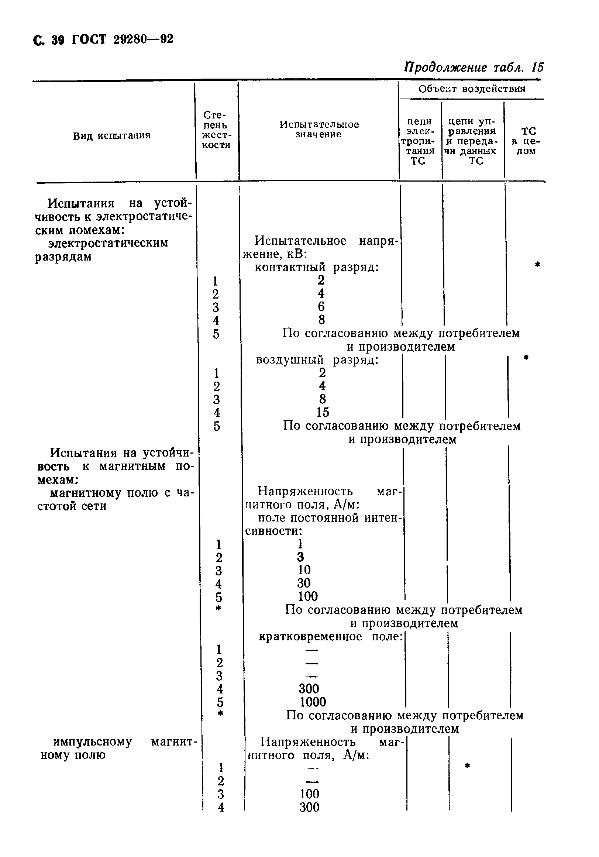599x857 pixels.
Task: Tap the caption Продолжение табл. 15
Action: [474, 68]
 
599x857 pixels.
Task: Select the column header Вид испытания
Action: [111, 135]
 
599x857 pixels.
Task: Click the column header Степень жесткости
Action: [217, 130]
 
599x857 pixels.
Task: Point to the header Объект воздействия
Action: [472, 89]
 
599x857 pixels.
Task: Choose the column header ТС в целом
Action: [526, 141]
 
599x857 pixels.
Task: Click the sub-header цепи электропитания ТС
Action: [420, 141]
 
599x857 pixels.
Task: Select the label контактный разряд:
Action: [317, 267]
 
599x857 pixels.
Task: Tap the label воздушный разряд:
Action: [317, 360]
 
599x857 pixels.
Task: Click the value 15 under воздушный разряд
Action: [323, 412]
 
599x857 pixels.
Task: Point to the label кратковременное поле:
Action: [331, 636]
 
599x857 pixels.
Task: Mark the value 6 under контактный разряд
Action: [321, 307]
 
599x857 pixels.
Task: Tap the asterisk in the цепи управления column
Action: [467, 766]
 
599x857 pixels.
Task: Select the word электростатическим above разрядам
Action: [108, 243]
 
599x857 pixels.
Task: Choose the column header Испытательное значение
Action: [319, 130]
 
